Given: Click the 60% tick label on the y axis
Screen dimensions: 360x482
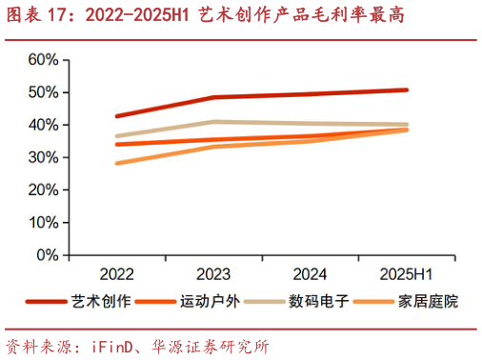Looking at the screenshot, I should click(x=45, y=60).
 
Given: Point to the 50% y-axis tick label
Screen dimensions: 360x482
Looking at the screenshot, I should click(x=45, y=92).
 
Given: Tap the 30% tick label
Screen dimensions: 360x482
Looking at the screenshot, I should click(x=45, y=158).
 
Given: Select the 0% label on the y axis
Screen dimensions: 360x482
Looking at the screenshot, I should click(x=49, y=256).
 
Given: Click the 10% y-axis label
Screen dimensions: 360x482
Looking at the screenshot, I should click(x=45, y=223).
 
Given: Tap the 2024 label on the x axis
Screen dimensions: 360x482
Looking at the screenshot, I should click(x=310, y=274).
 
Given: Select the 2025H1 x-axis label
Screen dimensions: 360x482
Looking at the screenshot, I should click(x=406, y=274).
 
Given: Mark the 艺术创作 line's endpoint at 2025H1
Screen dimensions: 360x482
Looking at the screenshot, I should click(x=406, y=90).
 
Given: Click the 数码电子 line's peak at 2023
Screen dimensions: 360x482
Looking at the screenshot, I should click(x=213, y=122).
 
